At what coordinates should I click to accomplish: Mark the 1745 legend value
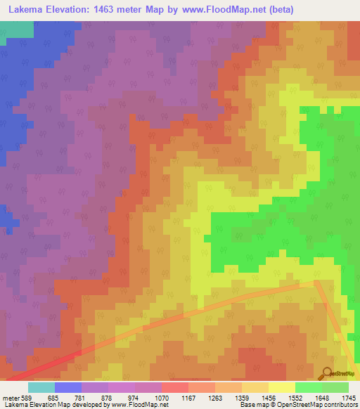348,397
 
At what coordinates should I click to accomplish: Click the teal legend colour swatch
41,387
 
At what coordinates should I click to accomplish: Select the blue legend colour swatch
68,387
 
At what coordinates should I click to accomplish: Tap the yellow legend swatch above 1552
281,387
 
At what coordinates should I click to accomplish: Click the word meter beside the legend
10,397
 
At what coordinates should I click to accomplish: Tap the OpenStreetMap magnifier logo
326,373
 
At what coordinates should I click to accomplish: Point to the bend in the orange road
317,283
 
